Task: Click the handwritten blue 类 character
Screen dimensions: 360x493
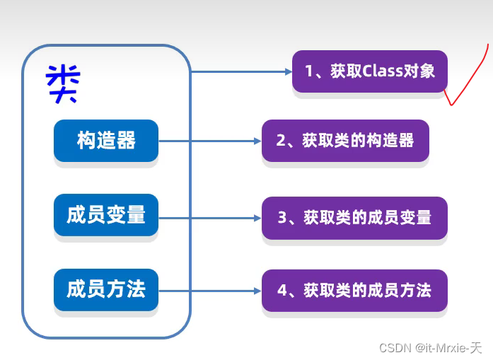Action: (63, 83)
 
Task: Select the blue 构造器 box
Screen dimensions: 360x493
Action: (106, 141)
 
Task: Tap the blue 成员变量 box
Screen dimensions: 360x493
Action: (106, 215)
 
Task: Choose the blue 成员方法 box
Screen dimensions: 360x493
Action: (106, 289)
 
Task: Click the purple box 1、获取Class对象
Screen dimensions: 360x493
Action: (369, 71)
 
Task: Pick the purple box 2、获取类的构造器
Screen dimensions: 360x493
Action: (345, 141)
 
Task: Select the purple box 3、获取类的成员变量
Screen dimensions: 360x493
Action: (354, 217)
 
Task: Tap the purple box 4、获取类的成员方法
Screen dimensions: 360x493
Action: (354, 290)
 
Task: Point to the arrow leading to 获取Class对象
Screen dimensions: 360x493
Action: (240, 71)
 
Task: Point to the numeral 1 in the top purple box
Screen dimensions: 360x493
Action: (309, 71)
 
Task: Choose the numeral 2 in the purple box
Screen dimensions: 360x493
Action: (281, 141)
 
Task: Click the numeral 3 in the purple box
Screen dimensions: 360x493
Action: (281, 217)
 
